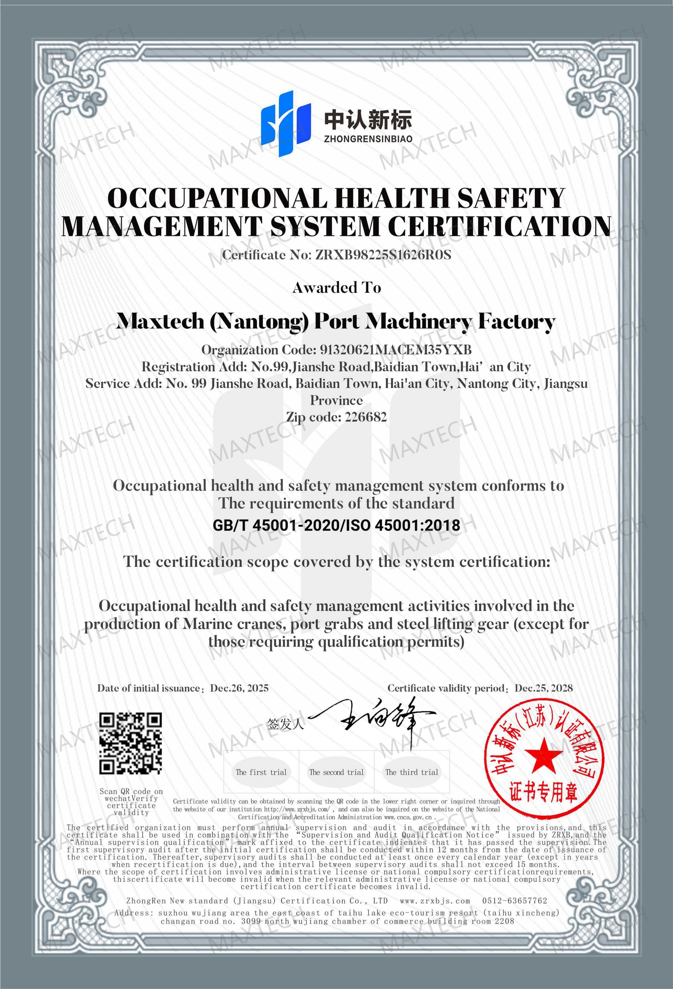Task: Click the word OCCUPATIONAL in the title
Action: point(217,198)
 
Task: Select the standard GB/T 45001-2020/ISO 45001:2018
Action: point(336,525)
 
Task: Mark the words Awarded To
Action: point(336,288)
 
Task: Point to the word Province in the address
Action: point(336,400)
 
